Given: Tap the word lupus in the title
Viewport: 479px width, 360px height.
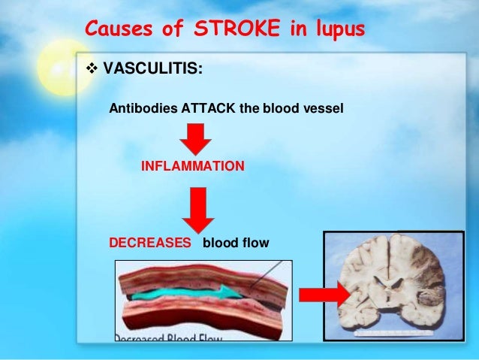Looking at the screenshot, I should [334, 29].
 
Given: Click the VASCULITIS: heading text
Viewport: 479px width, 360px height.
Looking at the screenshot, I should [152, 69].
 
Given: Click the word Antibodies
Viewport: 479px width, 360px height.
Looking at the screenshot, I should [142, 108].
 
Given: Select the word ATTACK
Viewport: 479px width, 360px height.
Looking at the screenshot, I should [208, 108].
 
